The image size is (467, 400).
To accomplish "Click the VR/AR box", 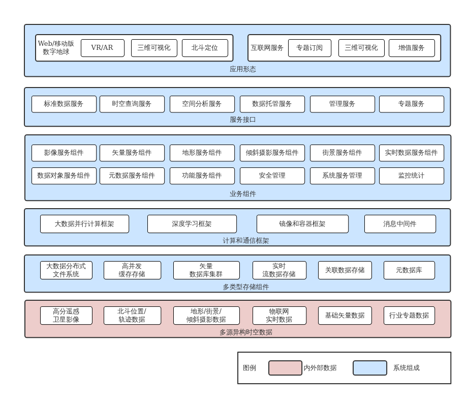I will click(x=102, y=48).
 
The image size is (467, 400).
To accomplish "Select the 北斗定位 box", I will click(x=205, y=48).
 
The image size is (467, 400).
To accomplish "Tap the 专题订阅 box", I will click(x=309, y=48).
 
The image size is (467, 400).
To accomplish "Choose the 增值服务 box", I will click(x=412, y=48).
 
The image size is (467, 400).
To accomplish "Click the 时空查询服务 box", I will click(x=132, y=104).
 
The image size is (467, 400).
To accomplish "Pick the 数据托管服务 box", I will click(x=272, y=104).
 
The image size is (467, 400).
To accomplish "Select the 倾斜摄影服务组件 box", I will click(x=272, y=153).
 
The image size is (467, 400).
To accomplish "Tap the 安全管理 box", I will click(x=272, y=176).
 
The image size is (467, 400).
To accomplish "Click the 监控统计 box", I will click(x=411, y=176).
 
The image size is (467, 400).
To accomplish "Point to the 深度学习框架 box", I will click(x=192, y=224).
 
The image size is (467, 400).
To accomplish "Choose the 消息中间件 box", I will click(x=400, y=224).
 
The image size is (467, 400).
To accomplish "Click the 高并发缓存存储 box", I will click(x=132, y=270).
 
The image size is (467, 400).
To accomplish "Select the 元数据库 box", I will click(x=409, y=270).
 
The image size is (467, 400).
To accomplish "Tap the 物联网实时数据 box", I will click(x=279, y=316).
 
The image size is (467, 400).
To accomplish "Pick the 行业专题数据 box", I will click(x=409, y=316).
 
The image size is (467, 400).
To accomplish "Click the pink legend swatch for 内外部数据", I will click(x=285, y=368).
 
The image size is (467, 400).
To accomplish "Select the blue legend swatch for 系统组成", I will click(x=370, y=368).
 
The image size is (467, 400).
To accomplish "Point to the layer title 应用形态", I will click(x=243, y=69).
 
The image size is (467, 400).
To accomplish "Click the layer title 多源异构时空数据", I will click(x=246, y=332).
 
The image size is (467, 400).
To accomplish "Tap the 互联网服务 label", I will click(x=267, y=48).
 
